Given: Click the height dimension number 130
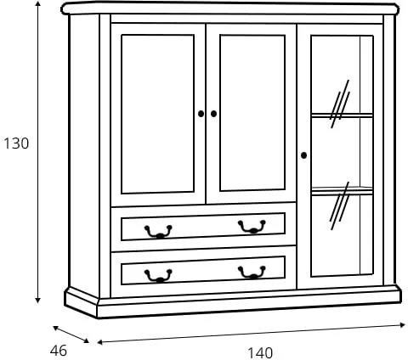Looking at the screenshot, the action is click(x=16, y=143).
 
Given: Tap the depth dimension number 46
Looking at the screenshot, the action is click(x=59, y=351).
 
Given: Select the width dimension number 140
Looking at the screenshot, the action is click(x=260, y=353).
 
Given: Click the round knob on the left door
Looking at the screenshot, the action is click(x=201, y=114).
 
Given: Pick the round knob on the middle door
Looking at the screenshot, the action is click(x=213, y=114).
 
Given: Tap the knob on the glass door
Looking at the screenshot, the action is click(x=303, y=155).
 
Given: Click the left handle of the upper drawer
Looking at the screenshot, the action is click(x=158, y=232).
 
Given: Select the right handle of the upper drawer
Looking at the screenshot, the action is click(x=252, y=227).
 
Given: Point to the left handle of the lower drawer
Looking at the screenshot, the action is click(x=158, y=276).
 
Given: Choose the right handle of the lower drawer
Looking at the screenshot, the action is click(x=252, y=273).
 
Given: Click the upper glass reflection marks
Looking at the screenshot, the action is click(x=340, y=104).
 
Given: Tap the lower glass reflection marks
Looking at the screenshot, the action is click(x=340, y=205).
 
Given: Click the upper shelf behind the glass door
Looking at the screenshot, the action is click(x=342, y=115).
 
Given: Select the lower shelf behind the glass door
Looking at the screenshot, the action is click(x=342, y=191).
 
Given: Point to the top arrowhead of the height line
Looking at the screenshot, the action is click(x=38, y=3).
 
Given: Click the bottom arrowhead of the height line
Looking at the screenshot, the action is click(x=38, y=301).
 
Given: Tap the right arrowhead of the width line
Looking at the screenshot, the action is click(x=402, y=325).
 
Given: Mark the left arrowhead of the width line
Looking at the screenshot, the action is click(x=100, y=342).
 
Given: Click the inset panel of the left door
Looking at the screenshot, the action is click(x=157, y=114).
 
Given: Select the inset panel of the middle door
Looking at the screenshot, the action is click(x=252, y=113).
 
